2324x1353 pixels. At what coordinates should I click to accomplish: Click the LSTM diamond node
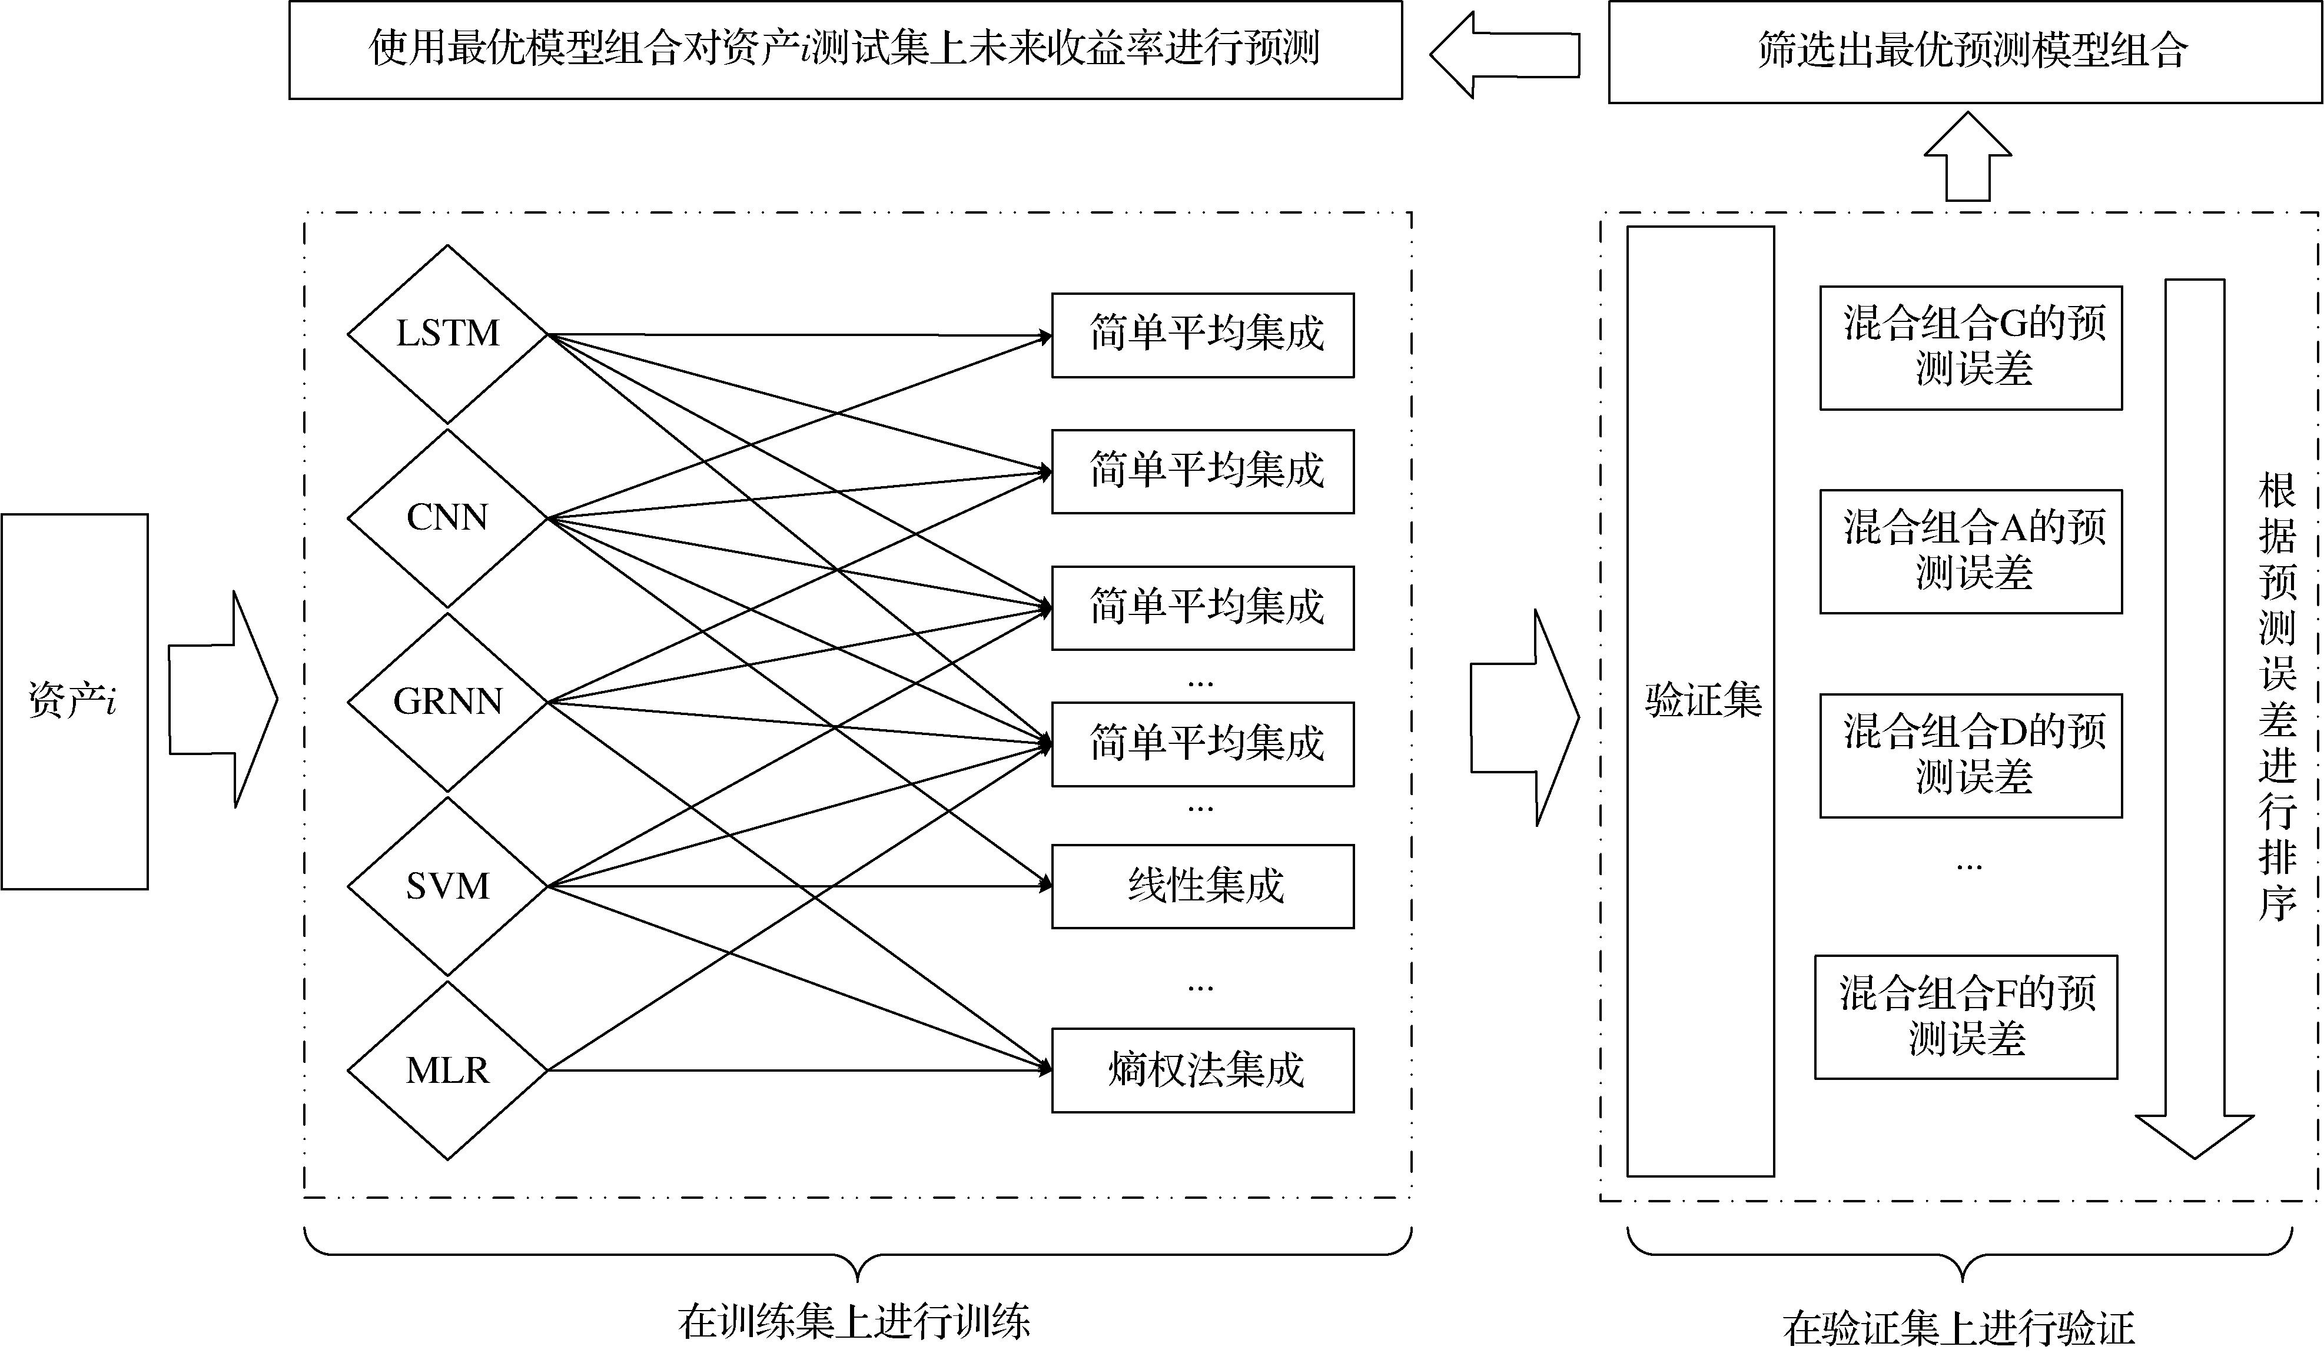447,334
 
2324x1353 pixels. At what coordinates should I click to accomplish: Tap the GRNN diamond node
447,702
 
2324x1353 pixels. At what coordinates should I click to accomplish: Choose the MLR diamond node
447,1070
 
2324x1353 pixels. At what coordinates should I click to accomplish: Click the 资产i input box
75,701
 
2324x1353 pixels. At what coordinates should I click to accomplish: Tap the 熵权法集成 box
1203,1070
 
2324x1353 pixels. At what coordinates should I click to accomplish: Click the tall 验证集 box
1699,701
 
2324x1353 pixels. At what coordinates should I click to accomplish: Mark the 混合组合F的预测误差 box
1966,1018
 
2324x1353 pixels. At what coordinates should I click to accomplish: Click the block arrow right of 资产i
223,699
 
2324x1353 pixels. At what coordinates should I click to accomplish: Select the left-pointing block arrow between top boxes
1505,54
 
